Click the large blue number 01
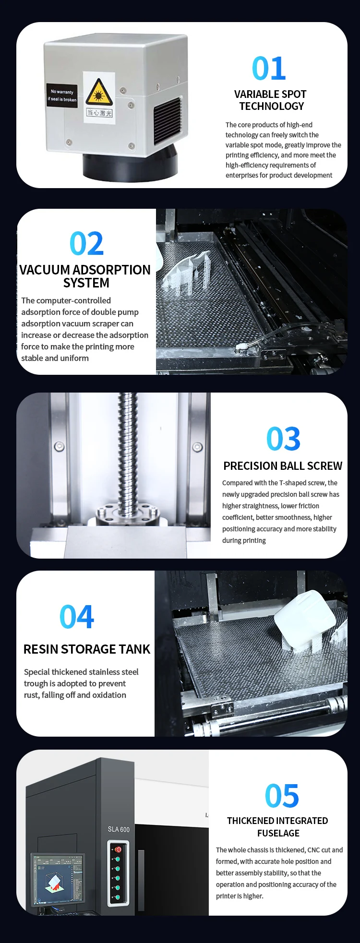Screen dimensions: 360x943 [x=269, y=69]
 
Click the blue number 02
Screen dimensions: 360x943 [x=86, y=244]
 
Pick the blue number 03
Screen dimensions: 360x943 [x=283, y=439]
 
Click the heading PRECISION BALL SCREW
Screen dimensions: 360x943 [x=283, y=466]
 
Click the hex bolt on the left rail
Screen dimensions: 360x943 [x=59, y=446]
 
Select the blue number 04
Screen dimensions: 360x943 [x=77, y=617]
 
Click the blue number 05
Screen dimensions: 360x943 [x=282, y=796]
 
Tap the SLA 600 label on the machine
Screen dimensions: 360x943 [x=119, y=829]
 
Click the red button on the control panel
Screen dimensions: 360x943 [x=118, y=849]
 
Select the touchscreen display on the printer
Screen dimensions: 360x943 [x=58, y=879]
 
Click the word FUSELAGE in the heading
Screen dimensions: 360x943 [x=278, y=833]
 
